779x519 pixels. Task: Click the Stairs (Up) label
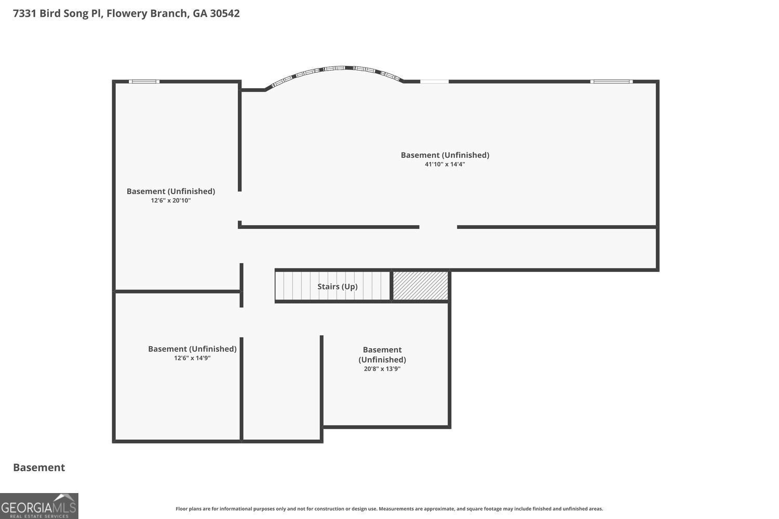(x=338, y=286)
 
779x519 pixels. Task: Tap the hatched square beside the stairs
(x=421, y=286)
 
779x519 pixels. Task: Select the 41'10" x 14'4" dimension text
(x=445, y=165)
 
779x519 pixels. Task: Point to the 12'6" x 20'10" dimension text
(x=171, y=200)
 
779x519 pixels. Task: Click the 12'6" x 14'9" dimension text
(x=192, y=358)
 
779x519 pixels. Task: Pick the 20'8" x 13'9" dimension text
(x=382, y=369)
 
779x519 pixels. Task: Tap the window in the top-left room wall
(x=144, y=81)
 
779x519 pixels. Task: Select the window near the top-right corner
(x=611, y=81)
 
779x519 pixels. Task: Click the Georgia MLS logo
(x=39, y=506)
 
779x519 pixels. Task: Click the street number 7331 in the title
(x=25, y=13)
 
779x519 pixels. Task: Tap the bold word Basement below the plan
(x=39, y=468)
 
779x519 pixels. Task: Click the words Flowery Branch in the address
(x=147, y=13)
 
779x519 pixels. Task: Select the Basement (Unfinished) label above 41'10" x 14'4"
(x=445, y=155)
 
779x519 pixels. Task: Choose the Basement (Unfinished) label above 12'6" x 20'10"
(x=171, y=192)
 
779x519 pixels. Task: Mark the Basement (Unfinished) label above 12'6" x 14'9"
(x=192, y=349)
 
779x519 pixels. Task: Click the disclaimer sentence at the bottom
(x=389, y=509)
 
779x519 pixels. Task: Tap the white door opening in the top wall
(x=434, y=81)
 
